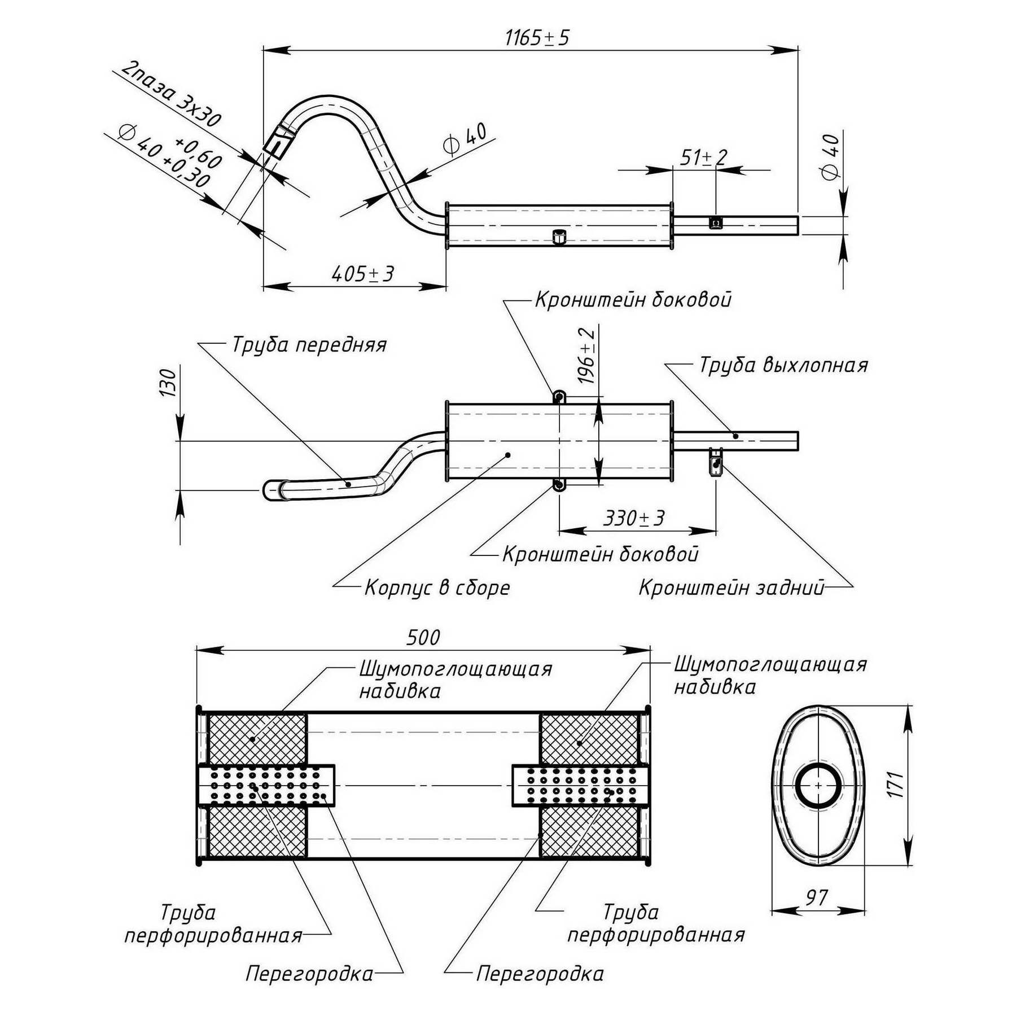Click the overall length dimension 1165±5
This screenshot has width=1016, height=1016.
(537, 38)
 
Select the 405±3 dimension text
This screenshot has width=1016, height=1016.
(362, 274)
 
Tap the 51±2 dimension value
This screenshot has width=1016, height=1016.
(703, 157)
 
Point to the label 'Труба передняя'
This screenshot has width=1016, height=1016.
(309, 345)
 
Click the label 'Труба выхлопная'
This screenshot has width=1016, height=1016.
(783, 365)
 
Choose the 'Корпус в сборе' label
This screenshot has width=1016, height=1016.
(437, 588)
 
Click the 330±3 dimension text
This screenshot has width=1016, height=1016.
(634, 518)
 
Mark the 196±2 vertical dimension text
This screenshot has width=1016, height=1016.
(587, 356)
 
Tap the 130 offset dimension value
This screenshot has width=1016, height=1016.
(168, 383)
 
